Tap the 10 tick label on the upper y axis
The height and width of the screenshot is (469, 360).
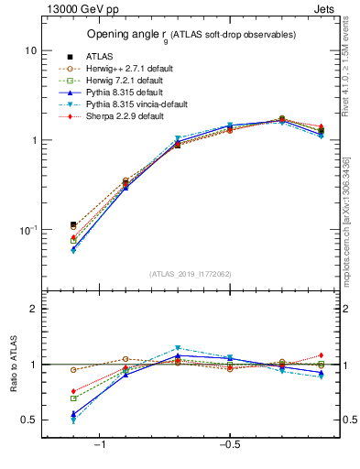(x=30, y=50)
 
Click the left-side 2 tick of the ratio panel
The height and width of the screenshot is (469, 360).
(x=33, y=310)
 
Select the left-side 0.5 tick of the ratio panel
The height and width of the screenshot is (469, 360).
(x=29, y=420)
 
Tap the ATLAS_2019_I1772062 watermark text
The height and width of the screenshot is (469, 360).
(x=191, y=274)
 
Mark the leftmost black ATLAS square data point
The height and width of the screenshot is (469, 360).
(x=73, y=224)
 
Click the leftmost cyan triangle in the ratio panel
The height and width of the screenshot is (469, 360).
(x=73, y=420)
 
